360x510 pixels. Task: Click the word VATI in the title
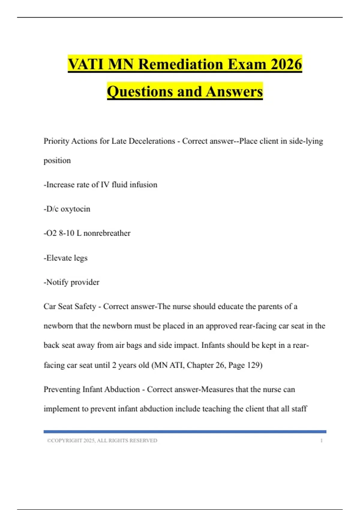(x=85, y=64)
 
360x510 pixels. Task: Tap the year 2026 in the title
(x=286, y=64)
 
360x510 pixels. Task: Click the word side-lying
(x=306, y=141)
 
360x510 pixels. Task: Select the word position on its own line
(x=57, y=160)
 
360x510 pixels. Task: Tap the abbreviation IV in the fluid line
(x=105, y=184)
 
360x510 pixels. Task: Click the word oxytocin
(x=75, y=209)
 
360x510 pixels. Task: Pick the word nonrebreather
(x=107, y=233)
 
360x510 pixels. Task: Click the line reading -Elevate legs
(x=66, y=258)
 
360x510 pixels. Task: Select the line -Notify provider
(x=71, y=282)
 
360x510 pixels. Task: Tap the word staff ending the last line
(x=299, y=409)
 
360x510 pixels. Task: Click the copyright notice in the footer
(x=102, y=440)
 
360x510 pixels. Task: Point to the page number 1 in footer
(x=321, y=440)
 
